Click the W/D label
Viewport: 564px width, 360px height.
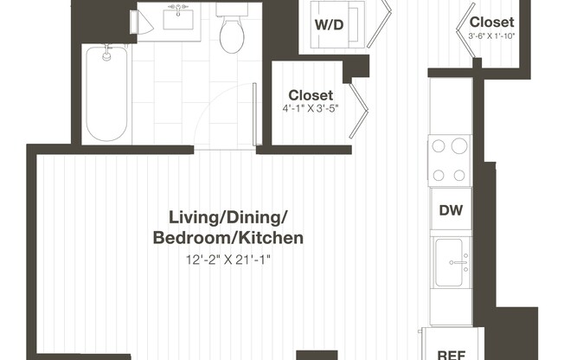[x=328, y=24]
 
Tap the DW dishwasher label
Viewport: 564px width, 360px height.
[x=450, y=209]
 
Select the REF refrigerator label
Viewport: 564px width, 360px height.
[x=450, y=353]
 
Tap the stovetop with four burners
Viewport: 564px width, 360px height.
[x=450, y=159]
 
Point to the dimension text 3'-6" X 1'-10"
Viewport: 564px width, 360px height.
[x=491, y=36]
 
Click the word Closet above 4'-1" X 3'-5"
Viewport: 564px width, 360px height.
[x=311, y=94]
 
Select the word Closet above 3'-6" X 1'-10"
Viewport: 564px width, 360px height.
[x=491, y=22]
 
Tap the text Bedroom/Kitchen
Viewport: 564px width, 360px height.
[x=228, y=237]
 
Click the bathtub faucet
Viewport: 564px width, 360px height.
[x=107, y=55]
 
